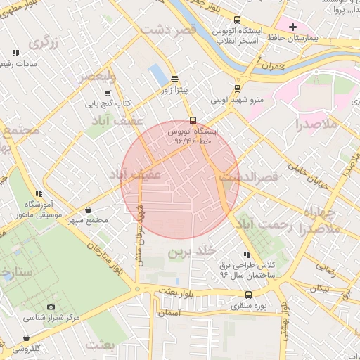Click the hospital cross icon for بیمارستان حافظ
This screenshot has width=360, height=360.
point(293,26)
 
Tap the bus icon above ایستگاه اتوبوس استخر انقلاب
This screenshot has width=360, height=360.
point(237,20)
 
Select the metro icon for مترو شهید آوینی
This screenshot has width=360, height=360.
point(237,89)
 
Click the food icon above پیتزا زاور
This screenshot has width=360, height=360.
point(174,79)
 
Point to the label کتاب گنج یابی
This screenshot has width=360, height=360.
point(108,103)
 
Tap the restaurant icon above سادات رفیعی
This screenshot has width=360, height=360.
point(15,53)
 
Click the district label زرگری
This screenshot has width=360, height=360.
point(42,43)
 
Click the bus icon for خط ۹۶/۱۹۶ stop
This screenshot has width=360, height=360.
point(193,120)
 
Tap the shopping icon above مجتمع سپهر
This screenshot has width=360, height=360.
point(88,210)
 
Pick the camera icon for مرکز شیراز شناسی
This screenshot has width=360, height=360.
point(51,307)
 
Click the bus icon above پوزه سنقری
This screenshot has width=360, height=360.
point(236,296)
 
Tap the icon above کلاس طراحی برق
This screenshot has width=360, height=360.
point(245,255)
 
